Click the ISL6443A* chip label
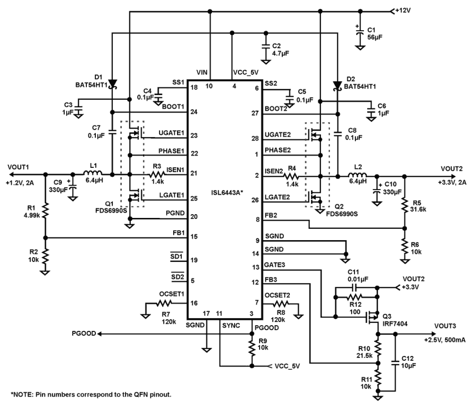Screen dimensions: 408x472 [x=227, y=193]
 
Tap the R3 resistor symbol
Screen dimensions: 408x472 [x=157, y=174]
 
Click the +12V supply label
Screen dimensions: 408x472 [x=402, y=11]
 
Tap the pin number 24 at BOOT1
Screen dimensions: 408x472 [x=194, y=112]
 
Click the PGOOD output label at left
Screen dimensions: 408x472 [x=84, y=333]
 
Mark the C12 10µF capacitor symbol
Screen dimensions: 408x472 [x=395, y=364]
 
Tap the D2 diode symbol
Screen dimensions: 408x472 [x=337, y=86]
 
